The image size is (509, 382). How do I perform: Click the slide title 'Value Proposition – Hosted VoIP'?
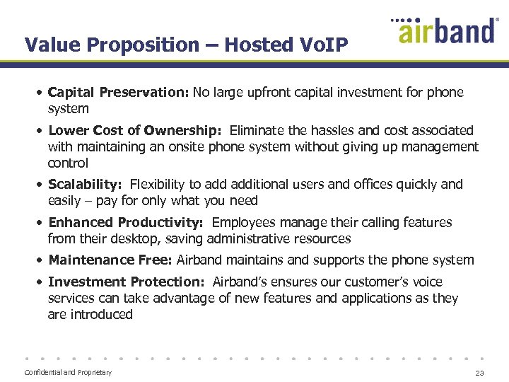click(x=186, y=45)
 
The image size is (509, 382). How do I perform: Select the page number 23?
click(x=480, y=373)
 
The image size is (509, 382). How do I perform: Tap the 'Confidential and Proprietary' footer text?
click(x=68, y=373)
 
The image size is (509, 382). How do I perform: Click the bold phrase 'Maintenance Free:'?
click(x=110, y=260)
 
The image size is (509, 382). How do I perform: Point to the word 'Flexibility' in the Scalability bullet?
click(x=164, y=185)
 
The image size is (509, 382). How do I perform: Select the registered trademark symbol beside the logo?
click(x=497, y=21)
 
